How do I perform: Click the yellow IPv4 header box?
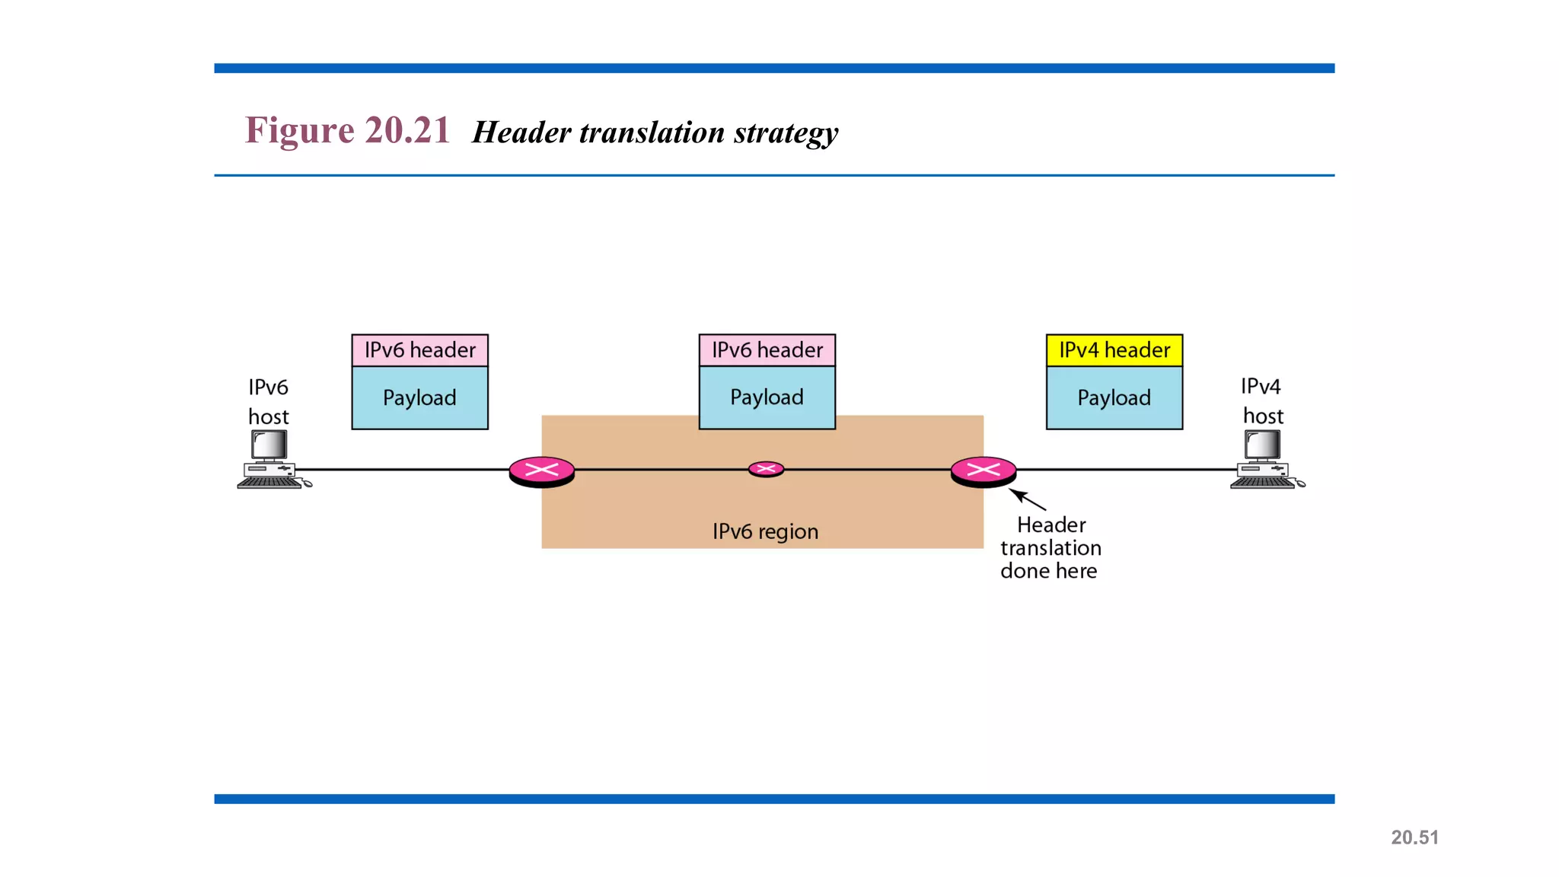click(1114, 350)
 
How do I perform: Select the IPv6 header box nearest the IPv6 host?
click(419, 350)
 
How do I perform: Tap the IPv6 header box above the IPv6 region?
click(767, 350)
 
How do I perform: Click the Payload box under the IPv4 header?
click(1114, 398)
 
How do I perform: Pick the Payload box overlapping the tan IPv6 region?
click(767, 397)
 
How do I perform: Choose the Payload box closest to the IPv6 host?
click(419, 398)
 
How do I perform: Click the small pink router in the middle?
click(766, 469)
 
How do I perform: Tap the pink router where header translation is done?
click(983, 471)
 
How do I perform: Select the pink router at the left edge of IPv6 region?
click(541, 471)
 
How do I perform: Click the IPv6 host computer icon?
click(271, 460)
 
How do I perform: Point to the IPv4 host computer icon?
click(1264, 460)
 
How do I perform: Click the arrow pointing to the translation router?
click(1028, 500)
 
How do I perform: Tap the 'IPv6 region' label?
click(765, 531)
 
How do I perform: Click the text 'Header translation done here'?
click(1050, 548)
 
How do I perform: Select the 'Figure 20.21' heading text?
click(347, 130)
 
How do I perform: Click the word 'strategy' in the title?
click(786, 133)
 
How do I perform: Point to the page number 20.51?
click(1414, 837)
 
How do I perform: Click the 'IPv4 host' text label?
click(1261, 401)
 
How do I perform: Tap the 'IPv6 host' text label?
click(268, 402)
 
